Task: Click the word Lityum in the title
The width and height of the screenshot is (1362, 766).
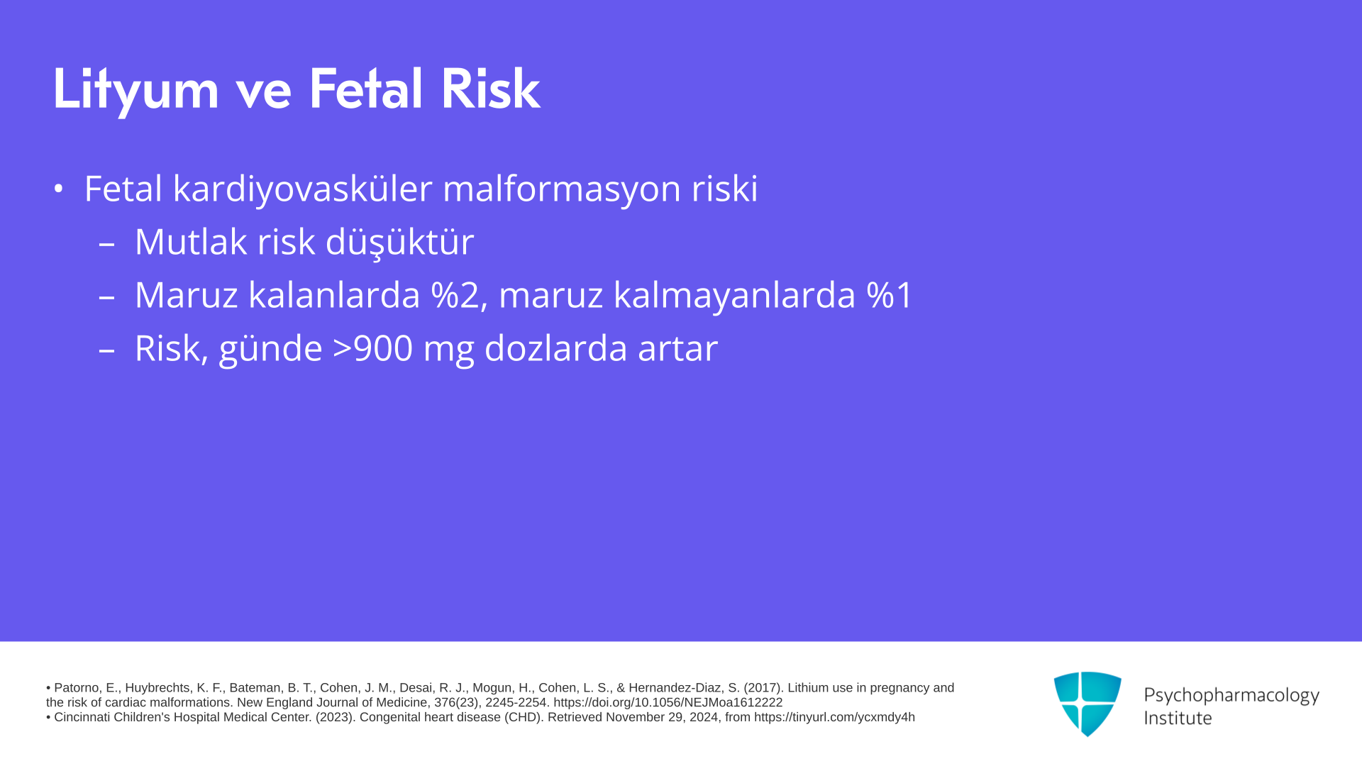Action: pyautogui.click(x=135, y=90)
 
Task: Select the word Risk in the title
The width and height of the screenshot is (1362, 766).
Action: pyautogui.click(x=490, y=89)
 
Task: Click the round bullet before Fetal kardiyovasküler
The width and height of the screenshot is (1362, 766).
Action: pyautogui.click(x=58, y=189)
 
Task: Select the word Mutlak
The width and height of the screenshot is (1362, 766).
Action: pyautogui.click(x=190, y=242)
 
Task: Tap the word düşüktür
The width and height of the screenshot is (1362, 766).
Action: pyautogui.click(x=399, y=242)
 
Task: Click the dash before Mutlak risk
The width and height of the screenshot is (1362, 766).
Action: pyautogui.click(x=106, y=244)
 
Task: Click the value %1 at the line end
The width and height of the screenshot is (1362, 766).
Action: pyautogui.click(x=890, y=295)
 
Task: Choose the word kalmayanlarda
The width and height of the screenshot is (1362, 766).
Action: pyautogui.click(x=734, y=296)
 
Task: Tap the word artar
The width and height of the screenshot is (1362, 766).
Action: pyautogui.click(x=677, y=349)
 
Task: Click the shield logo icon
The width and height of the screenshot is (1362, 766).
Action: pyautogui.click(x=1087, y=704)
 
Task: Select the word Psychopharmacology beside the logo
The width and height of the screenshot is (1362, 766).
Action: pyautogui.click(x=1231, y=696)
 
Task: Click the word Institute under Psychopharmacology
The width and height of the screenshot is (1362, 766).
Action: pyautogui.click(x=1178, y=718)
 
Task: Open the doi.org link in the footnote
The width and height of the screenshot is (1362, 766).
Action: pyautogui.click(x=668, y=703)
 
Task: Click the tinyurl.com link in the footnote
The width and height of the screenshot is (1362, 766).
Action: pyautogui.click(x=834, y=718)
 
